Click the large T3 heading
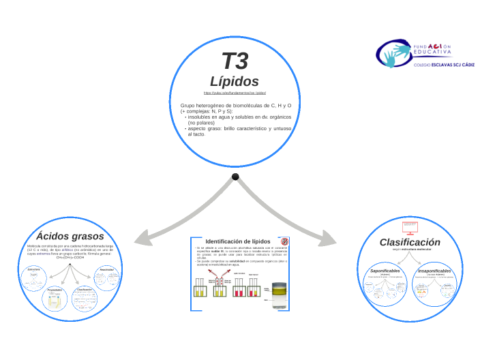(235, 61)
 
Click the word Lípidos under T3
(235, 81)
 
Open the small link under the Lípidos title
(235, 92)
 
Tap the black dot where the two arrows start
(235, 177)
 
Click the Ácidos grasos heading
(70, 236)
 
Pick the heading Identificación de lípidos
(238, 241)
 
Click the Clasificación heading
(410, 242)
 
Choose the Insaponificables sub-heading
(435, 271)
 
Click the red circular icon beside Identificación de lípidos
(286, 241)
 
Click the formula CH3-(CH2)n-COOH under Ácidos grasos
(70, 258)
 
